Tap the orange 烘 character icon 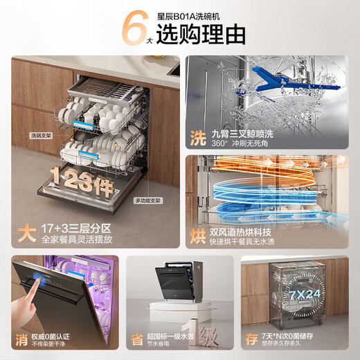point(198,236)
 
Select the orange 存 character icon point(251,339)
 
